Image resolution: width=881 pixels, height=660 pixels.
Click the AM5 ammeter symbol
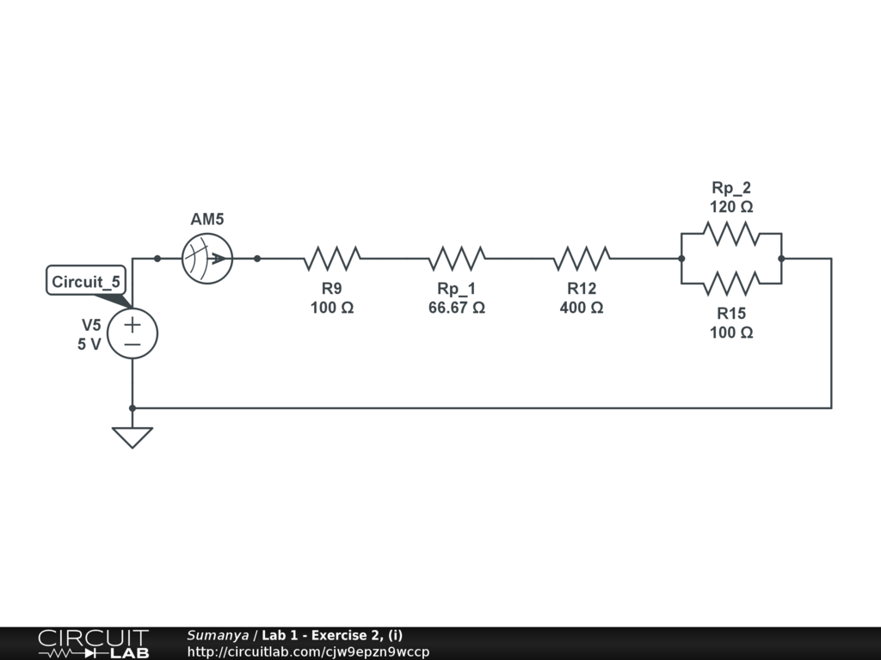click(x=207, y=258)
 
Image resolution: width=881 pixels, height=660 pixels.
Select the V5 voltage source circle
click(x=132, y=334)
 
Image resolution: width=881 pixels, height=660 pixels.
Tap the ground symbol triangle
click(x=132, y=437)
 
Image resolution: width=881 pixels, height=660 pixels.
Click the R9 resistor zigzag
click(x=332, y=258)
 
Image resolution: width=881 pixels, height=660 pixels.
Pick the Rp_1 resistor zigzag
click(x=457, y=258)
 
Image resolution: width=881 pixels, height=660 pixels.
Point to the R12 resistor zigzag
click(x=582, y=258)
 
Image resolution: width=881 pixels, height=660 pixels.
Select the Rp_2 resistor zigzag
click(x=731, y=233)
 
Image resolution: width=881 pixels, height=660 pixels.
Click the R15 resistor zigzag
click(x=731, y=282)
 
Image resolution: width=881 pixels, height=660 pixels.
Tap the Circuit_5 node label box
click(x=87, y=282)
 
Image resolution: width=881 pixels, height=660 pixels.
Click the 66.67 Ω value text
click(x=457, y=308)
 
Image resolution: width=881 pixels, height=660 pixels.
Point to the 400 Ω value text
click(x=582, y=308)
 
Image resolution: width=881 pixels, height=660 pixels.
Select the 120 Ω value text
click(x=731, y=207)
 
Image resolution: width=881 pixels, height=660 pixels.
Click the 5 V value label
click(x=89, y=344)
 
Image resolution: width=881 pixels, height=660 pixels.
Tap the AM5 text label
click(x=207, y=220)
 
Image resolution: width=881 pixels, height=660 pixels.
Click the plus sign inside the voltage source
click(x=132, y=325)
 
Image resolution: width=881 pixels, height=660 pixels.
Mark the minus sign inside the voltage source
click(x=132, y=344)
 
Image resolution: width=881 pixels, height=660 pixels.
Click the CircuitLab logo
click(x=93, y=644)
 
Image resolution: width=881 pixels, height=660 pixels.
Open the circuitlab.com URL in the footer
click(x=308, y=651)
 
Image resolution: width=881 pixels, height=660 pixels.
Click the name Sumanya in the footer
click(x=218, y=635)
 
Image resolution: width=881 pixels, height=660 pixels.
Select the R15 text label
click(x=731, y=314)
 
